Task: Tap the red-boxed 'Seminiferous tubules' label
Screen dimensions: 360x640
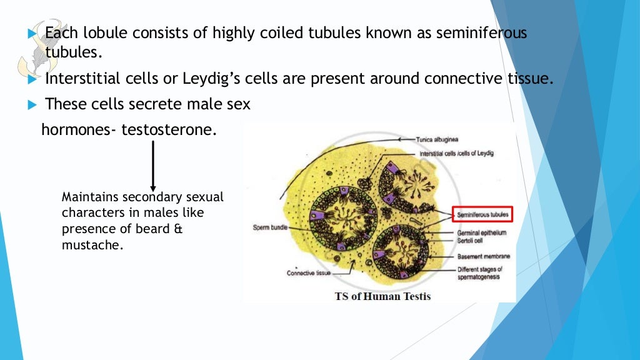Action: [x=483, y=214]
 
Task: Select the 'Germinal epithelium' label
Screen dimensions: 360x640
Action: [x=482, y=232]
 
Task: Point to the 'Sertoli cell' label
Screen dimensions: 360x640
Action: [x=470, y=240]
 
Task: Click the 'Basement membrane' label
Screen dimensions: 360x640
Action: [x=483, y=256]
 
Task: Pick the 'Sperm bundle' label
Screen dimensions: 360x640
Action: [x=270, y=227]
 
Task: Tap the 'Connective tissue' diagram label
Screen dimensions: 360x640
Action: [x=308, y=273]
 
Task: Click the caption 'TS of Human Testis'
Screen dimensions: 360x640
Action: [x=382, y=296]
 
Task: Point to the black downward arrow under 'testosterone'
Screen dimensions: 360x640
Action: [x=153, y=166]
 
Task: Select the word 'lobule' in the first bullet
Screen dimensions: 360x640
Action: [x=104, y=33]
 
